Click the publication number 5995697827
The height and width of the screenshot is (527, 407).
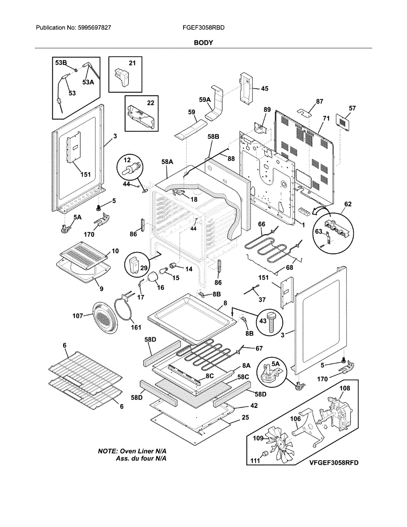[94, 28]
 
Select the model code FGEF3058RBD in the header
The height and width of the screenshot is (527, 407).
[204, 28]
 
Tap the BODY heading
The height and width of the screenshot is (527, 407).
[203, 43]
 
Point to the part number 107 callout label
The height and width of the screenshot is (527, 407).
[78, 316]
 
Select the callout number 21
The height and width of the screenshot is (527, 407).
[132, 63]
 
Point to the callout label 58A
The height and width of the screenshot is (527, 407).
[167, 162]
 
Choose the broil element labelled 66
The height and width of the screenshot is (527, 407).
[273, 246]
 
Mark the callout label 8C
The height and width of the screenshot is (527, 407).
[209, 376]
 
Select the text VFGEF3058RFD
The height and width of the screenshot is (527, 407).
[334, 463]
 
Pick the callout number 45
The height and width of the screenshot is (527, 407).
[264, 89]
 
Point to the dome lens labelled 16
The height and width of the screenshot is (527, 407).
[153, 277]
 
